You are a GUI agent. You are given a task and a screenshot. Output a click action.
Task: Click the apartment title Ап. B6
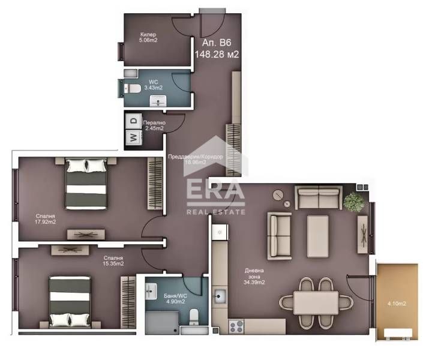217,43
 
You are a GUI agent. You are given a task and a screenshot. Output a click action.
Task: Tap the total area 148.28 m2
217,54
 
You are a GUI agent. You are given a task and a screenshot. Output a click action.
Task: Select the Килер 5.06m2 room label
148,37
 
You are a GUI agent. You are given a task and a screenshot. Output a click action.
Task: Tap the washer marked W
133,137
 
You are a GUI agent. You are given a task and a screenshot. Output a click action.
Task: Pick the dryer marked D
133,121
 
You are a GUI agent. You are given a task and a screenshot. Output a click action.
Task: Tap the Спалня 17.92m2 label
46,219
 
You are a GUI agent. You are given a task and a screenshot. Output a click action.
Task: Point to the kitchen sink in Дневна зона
220,296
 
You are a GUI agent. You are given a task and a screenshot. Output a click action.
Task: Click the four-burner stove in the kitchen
235,326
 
